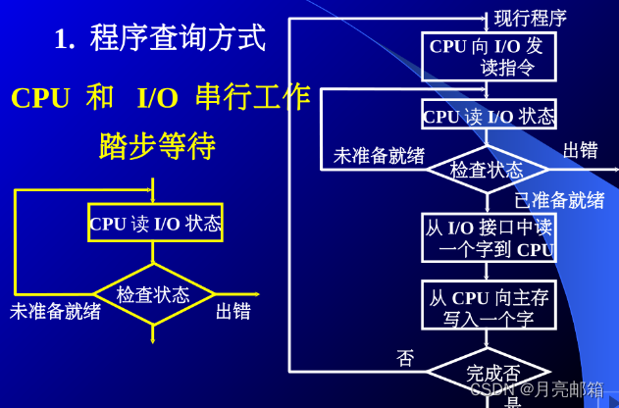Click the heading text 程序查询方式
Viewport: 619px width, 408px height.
coord(178,38)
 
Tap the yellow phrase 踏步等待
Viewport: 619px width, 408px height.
coord(157,146)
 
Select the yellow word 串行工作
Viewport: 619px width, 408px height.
coord(252,97)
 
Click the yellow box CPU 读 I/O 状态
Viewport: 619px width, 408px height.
coord(155,223)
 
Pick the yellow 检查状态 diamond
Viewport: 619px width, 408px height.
coord(153,294)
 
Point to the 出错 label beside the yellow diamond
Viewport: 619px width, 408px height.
coord(233,312)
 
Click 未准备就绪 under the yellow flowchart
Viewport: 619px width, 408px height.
coord(55,312)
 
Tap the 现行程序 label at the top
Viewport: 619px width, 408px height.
coord(531,18)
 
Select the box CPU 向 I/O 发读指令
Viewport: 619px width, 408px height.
coord(488,57)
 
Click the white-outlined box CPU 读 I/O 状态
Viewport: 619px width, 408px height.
coord(489,116)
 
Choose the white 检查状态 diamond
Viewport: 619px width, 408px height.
coord(488,170)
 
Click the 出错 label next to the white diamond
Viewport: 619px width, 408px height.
coord(581,150)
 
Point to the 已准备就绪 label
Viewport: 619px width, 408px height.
coord(559,200)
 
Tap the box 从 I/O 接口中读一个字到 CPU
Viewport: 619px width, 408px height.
coord(489,238)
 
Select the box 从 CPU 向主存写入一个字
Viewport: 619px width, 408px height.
coord(489,307)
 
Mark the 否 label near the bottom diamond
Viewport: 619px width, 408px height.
coord(405,358)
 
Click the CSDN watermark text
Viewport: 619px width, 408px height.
coord(537,389)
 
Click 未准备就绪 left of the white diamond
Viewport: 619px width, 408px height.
coord(380,156)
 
